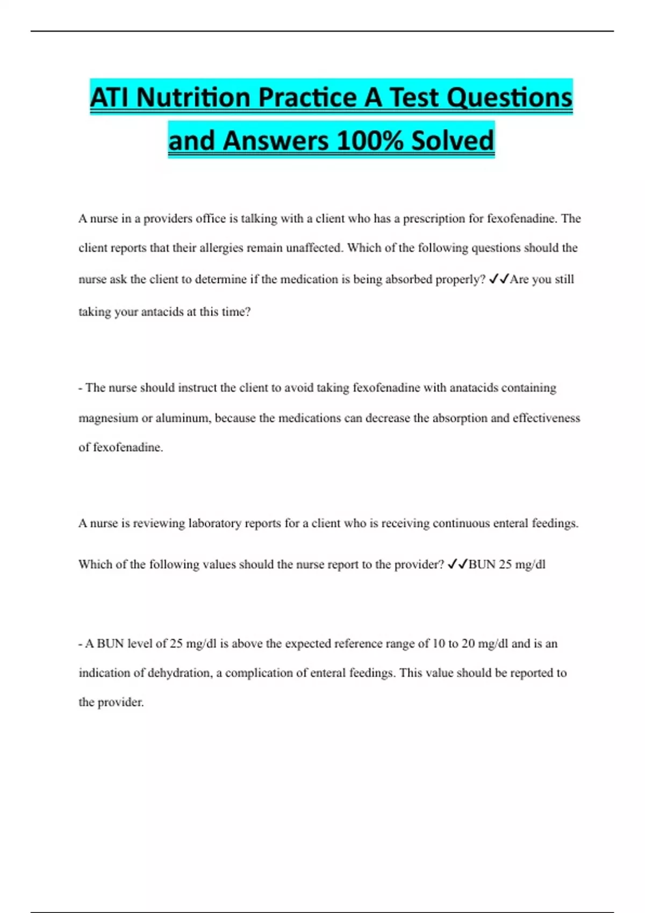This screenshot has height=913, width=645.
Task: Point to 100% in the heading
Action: coord(369,141)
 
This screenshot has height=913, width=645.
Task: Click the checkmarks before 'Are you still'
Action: coord(499,279)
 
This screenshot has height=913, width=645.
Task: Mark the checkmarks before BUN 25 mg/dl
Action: coord(457,564)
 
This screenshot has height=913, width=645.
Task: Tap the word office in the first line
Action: coord(211,219)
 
